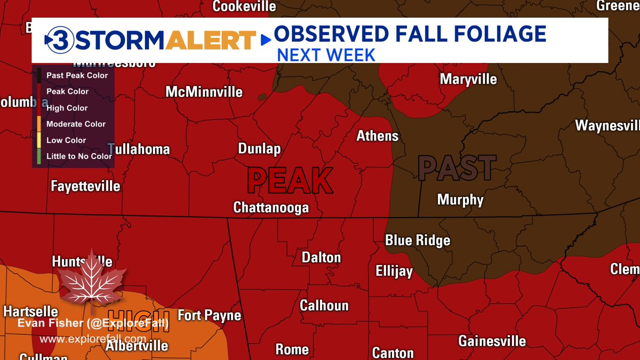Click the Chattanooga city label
271,207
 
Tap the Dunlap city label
259,148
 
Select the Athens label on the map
377,136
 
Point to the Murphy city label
460,200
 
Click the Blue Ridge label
418,241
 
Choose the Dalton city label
321,258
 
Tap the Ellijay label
394,271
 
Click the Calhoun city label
324,306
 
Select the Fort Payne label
209,315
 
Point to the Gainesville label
492,341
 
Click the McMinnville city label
204,92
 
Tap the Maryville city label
468,79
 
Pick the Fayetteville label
85,186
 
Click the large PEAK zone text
290,180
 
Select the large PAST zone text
457,167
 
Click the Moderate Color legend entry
76,124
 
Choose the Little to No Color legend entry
79,156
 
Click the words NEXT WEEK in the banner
326,55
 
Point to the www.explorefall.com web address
93,339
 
